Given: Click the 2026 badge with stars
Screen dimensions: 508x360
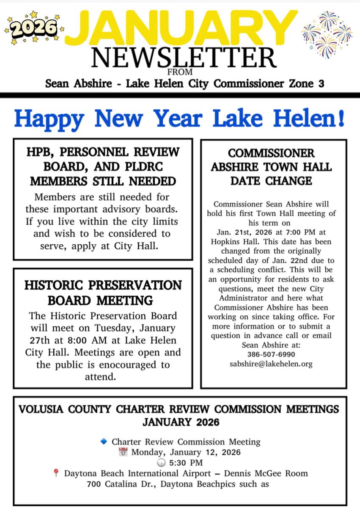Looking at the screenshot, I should tap(33, 28).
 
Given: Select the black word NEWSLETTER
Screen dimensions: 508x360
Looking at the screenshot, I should tap(184, 58).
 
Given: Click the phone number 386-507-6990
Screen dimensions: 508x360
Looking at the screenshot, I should tap(271, 354).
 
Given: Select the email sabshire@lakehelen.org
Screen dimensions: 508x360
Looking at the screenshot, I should tap(271, 364).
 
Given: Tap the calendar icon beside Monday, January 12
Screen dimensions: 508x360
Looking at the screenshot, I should tap(124, 452).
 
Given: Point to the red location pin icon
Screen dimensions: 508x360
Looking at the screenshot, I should tap(56, 473).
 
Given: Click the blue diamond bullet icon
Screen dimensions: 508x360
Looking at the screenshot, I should tap(104, 442).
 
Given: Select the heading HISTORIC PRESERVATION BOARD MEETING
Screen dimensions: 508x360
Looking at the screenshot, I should tap(103, 293).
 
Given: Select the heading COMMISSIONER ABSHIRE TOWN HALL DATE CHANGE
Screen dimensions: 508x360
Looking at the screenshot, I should tap(271, 167).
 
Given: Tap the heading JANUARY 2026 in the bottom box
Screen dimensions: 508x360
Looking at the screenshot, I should tap(181, 422).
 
